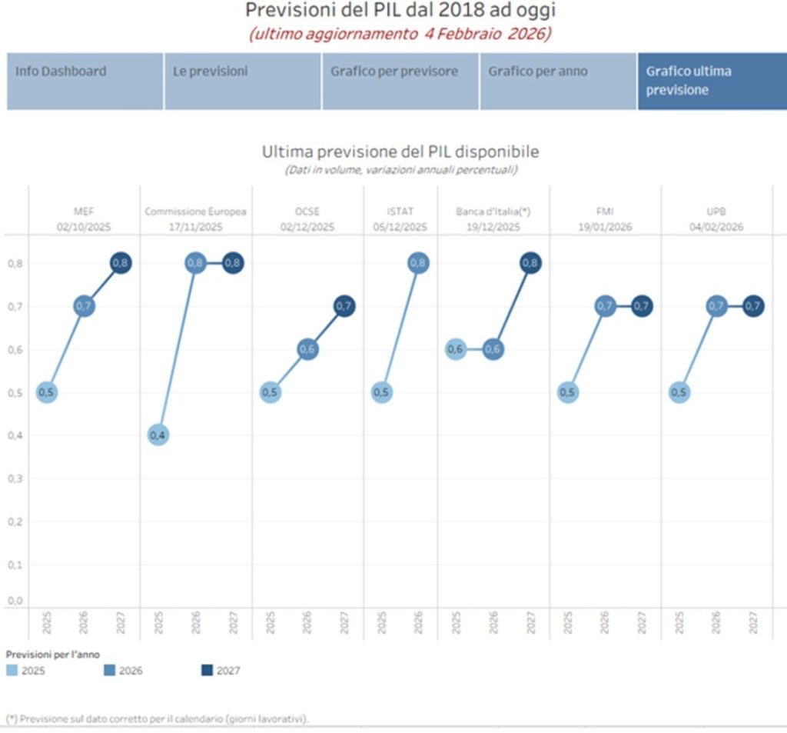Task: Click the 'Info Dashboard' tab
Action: coord(85,81)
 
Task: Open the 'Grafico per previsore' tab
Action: coord(400,81)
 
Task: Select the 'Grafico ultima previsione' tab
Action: coord(711,81)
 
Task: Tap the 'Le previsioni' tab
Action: coord(242,81)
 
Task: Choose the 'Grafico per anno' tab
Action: coord(557,81)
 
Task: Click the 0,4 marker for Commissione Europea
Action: coord(157,435)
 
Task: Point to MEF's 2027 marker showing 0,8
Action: coord(120,263)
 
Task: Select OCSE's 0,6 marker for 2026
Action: coord(307,349)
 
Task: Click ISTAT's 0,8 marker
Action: coord(418,263)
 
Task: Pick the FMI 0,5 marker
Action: coord(567,392)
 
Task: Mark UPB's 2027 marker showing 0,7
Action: coord(753,306)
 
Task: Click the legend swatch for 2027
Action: coord(207,671)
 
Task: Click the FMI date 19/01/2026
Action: coord(604,227)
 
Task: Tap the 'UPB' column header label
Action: coord(716,212)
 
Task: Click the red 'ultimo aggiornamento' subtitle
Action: coord(399,34)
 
